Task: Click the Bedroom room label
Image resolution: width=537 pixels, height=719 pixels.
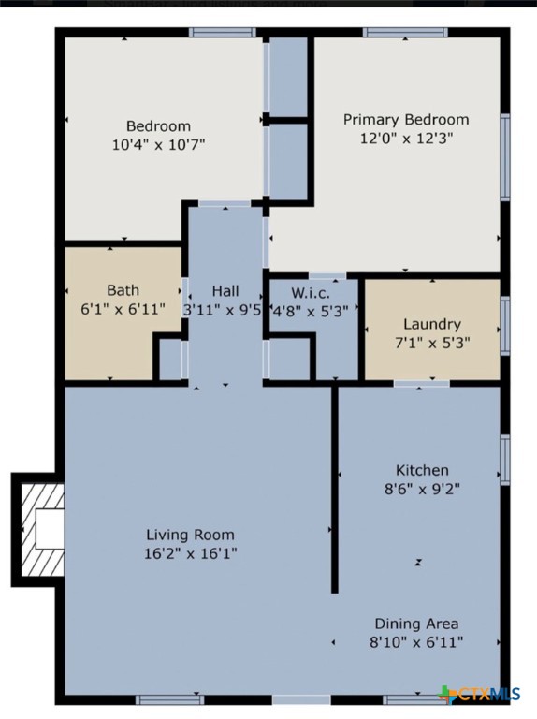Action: coord(158,126)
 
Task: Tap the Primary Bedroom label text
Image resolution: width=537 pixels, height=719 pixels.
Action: coord(406,120)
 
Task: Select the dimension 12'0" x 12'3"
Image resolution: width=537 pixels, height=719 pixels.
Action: coord(406,138)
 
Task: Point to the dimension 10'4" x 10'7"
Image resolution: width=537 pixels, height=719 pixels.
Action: coord(158,144)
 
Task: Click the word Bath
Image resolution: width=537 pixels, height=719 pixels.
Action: coord(123,290)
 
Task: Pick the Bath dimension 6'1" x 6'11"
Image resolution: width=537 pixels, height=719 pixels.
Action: coord(123,308)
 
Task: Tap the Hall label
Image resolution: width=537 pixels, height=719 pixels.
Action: coord(225,290)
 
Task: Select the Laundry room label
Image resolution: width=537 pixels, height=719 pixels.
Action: coord(431,324)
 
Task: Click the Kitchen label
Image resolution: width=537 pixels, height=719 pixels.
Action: coord(422,470)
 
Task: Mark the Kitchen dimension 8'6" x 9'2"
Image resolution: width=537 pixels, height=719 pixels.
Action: coord(422,488)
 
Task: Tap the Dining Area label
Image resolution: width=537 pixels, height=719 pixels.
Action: coord(416,624)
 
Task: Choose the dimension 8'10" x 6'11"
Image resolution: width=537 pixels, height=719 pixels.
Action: coord(416,641)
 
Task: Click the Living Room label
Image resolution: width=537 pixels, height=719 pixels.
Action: coord(190,535)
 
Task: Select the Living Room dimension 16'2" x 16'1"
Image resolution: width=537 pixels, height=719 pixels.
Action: coord(190,553)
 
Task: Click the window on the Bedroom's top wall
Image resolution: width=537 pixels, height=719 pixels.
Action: coord(223,33)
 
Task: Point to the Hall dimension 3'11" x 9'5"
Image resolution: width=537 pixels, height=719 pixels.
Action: coord(223,309)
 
